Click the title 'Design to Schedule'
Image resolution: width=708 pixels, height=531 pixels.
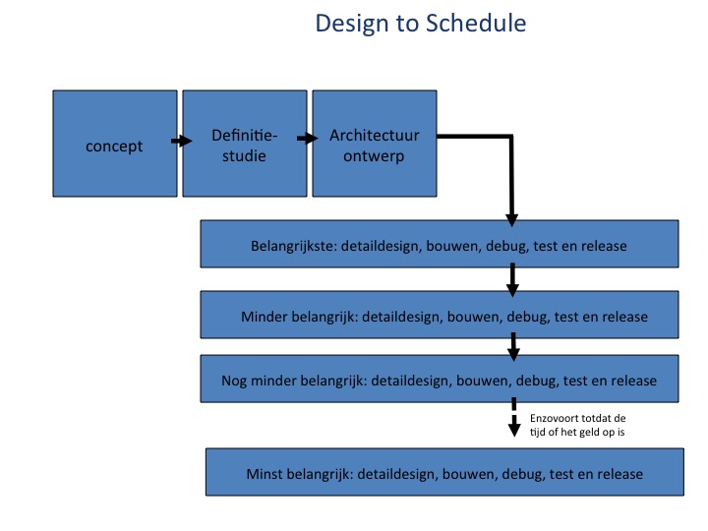(421, 24)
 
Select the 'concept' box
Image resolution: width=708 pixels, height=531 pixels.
(115, 144)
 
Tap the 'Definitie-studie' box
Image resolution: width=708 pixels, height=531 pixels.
(244, 144)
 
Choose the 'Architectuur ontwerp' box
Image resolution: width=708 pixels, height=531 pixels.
(375, 144)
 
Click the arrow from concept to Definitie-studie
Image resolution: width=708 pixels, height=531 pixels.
(181, 141)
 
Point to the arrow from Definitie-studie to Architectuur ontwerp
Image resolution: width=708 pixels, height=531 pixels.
(308, 139)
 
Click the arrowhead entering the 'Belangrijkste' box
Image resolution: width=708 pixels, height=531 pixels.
(511, 220)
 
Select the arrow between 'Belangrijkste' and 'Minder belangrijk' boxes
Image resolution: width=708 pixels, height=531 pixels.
(512, 279)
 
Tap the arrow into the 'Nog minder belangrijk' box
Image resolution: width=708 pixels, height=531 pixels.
(513, 347)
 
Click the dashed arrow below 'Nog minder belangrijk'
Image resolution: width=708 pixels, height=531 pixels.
(514, 417)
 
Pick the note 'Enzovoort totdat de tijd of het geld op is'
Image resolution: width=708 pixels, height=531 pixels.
(577, 425)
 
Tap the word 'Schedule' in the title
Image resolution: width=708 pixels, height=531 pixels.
(476, 23)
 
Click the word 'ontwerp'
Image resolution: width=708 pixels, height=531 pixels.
(374, 156)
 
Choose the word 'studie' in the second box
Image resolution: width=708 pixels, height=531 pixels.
(244, 155)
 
